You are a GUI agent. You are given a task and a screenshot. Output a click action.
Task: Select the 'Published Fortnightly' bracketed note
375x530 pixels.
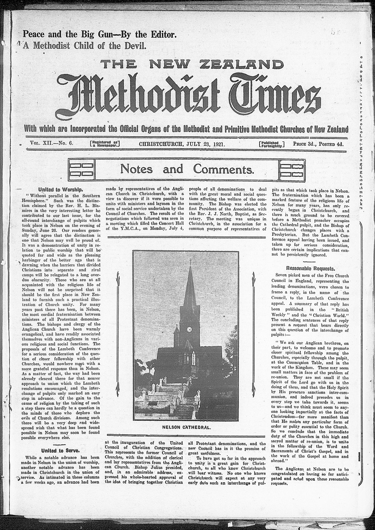click(x=272, y=144)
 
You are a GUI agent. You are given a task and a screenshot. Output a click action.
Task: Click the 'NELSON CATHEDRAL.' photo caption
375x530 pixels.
click(x=186, y=428)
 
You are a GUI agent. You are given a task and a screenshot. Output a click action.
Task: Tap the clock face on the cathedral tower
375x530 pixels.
click(x=189, y=329)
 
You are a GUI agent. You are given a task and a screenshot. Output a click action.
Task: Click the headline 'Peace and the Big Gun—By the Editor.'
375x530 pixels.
click(x=99, y=35)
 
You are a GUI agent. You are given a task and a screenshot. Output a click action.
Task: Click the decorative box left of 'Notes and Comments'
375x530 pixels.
click(x=81, y=169)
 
